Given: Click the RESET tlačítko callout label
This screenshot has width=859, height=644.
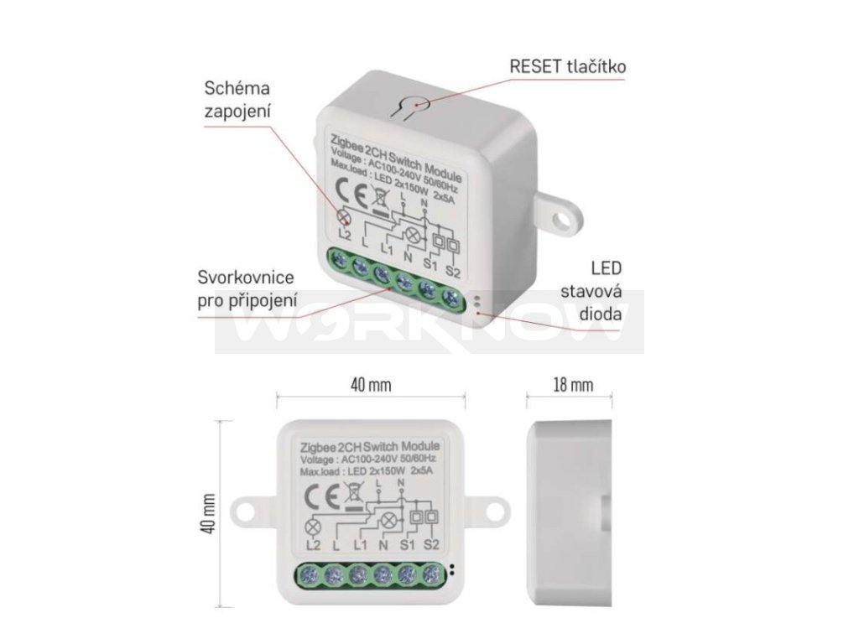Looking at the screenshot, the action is (x=568, y=66).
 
